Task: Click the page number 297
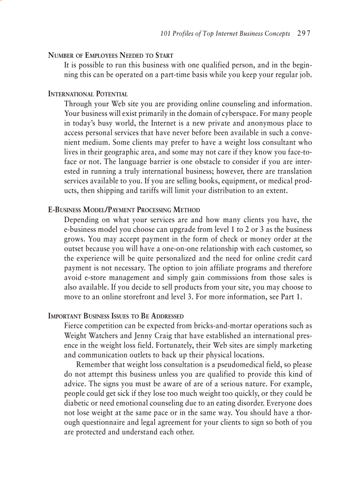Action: coord(304,33)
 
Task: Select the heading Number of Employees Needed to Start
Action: coord(110,56)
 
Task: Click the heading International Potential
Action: coord(88,94)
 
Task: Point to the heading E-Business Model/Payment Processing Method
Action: coord(124,210)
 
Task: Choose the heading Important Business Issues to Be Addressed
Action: coord(116,316)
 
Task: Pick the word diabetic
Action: coord(78,403)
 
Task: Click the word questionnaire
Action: coord(107,423)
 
